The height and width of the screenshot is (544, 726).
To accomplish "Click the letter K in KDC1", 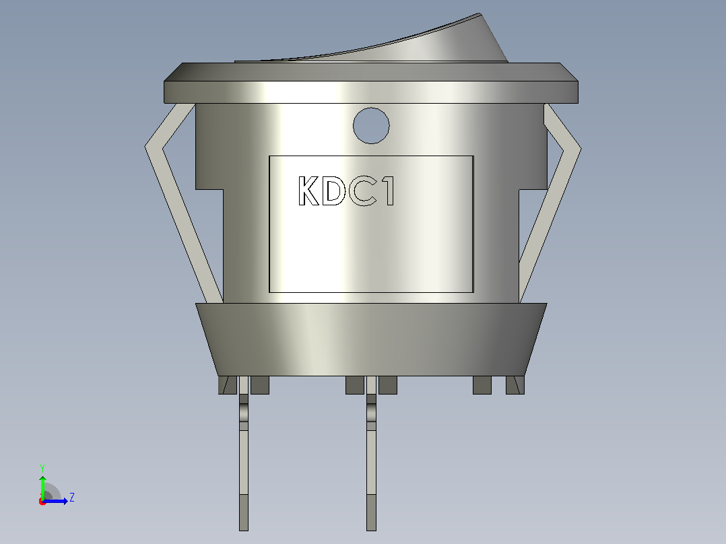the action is point(309,191).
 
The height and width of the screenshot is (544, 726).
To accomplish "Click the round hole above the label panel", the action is point(371,125).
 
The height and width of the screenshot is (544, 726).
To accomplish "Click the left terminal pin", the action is point(244,454).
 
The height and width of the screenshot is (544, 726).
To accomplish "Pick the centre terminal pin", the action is point(371,454).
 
